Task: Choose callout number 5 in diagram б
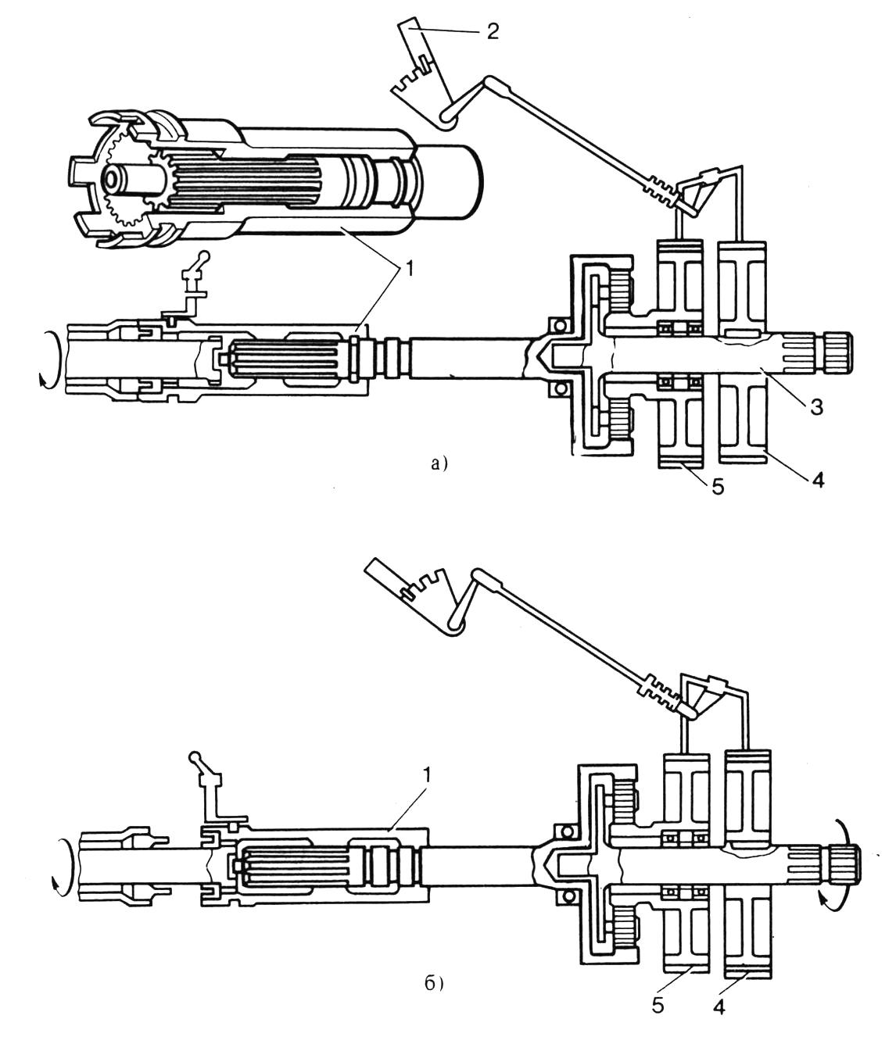[658, 1004]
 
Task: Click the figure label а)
[439, 463]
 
